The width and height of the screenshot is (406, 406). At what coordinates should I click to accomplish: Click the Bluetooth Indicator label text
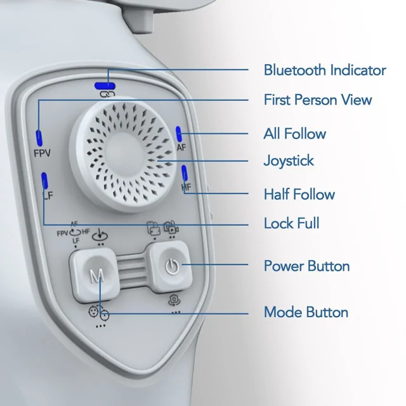(325, 70)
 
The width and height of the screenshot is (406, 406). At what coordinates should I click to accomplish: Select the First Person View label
(318, 100)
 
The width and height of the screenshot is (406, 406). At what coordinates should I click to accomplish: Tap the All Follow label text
(294, 134)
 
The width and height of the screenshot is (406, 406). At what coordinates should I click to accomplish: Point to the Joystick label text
(289, 160)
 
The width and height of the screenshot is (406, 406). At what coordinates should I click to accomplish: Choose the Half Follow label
(299, 194)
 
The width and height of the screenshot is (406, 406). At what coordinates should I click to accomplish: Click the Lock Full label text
(291, 223)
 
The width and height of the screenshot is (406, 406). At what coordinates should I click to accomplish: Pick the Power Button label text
(306, 266)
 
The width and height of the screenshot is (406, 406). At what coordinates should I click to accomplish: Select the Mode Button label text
(306, 312)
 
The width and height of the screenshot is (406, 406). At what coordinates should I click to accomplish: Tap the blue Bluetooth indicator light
(105, 86)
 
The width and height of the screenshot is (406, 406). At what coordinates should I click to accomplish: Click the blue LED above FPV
(39, 138)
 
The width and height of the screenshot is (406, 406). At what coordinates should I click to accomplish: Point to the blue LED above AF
(179, 134)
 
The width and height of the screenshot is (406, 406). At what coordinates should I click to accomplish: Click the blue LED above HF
(185, 173)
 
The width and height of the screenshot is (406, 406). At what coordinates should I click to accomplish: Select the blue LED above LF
(44, 180)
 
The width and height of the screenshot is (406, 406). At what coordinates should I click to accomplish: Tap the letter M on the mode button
(96, 276)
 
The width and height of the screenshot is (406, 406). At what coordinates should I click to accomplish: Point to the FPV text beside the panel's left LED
(43, 154)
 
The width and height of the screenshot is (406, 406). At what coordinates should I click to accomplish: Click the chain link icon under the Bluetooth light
(107, 94)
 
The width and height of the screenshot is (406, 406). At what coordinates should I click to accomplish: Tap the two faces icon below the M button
(99, 313)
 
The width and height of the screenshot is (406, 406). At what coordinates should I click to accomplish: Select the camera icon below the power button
(174, 300)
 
